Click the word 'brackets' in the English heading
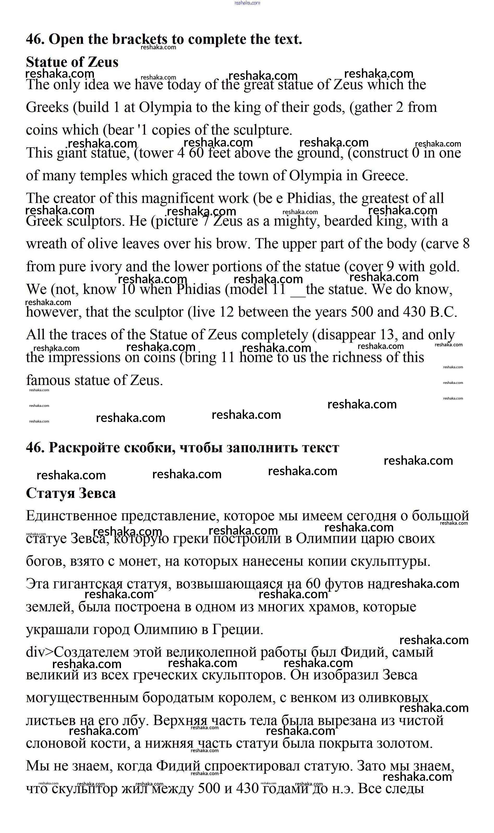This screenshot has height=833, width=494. tap(139, 39)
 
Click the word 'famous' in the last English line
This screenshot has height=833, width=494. tap(48, 380)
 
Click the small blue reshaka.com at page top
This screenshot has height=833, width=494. tap(247, 3)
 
